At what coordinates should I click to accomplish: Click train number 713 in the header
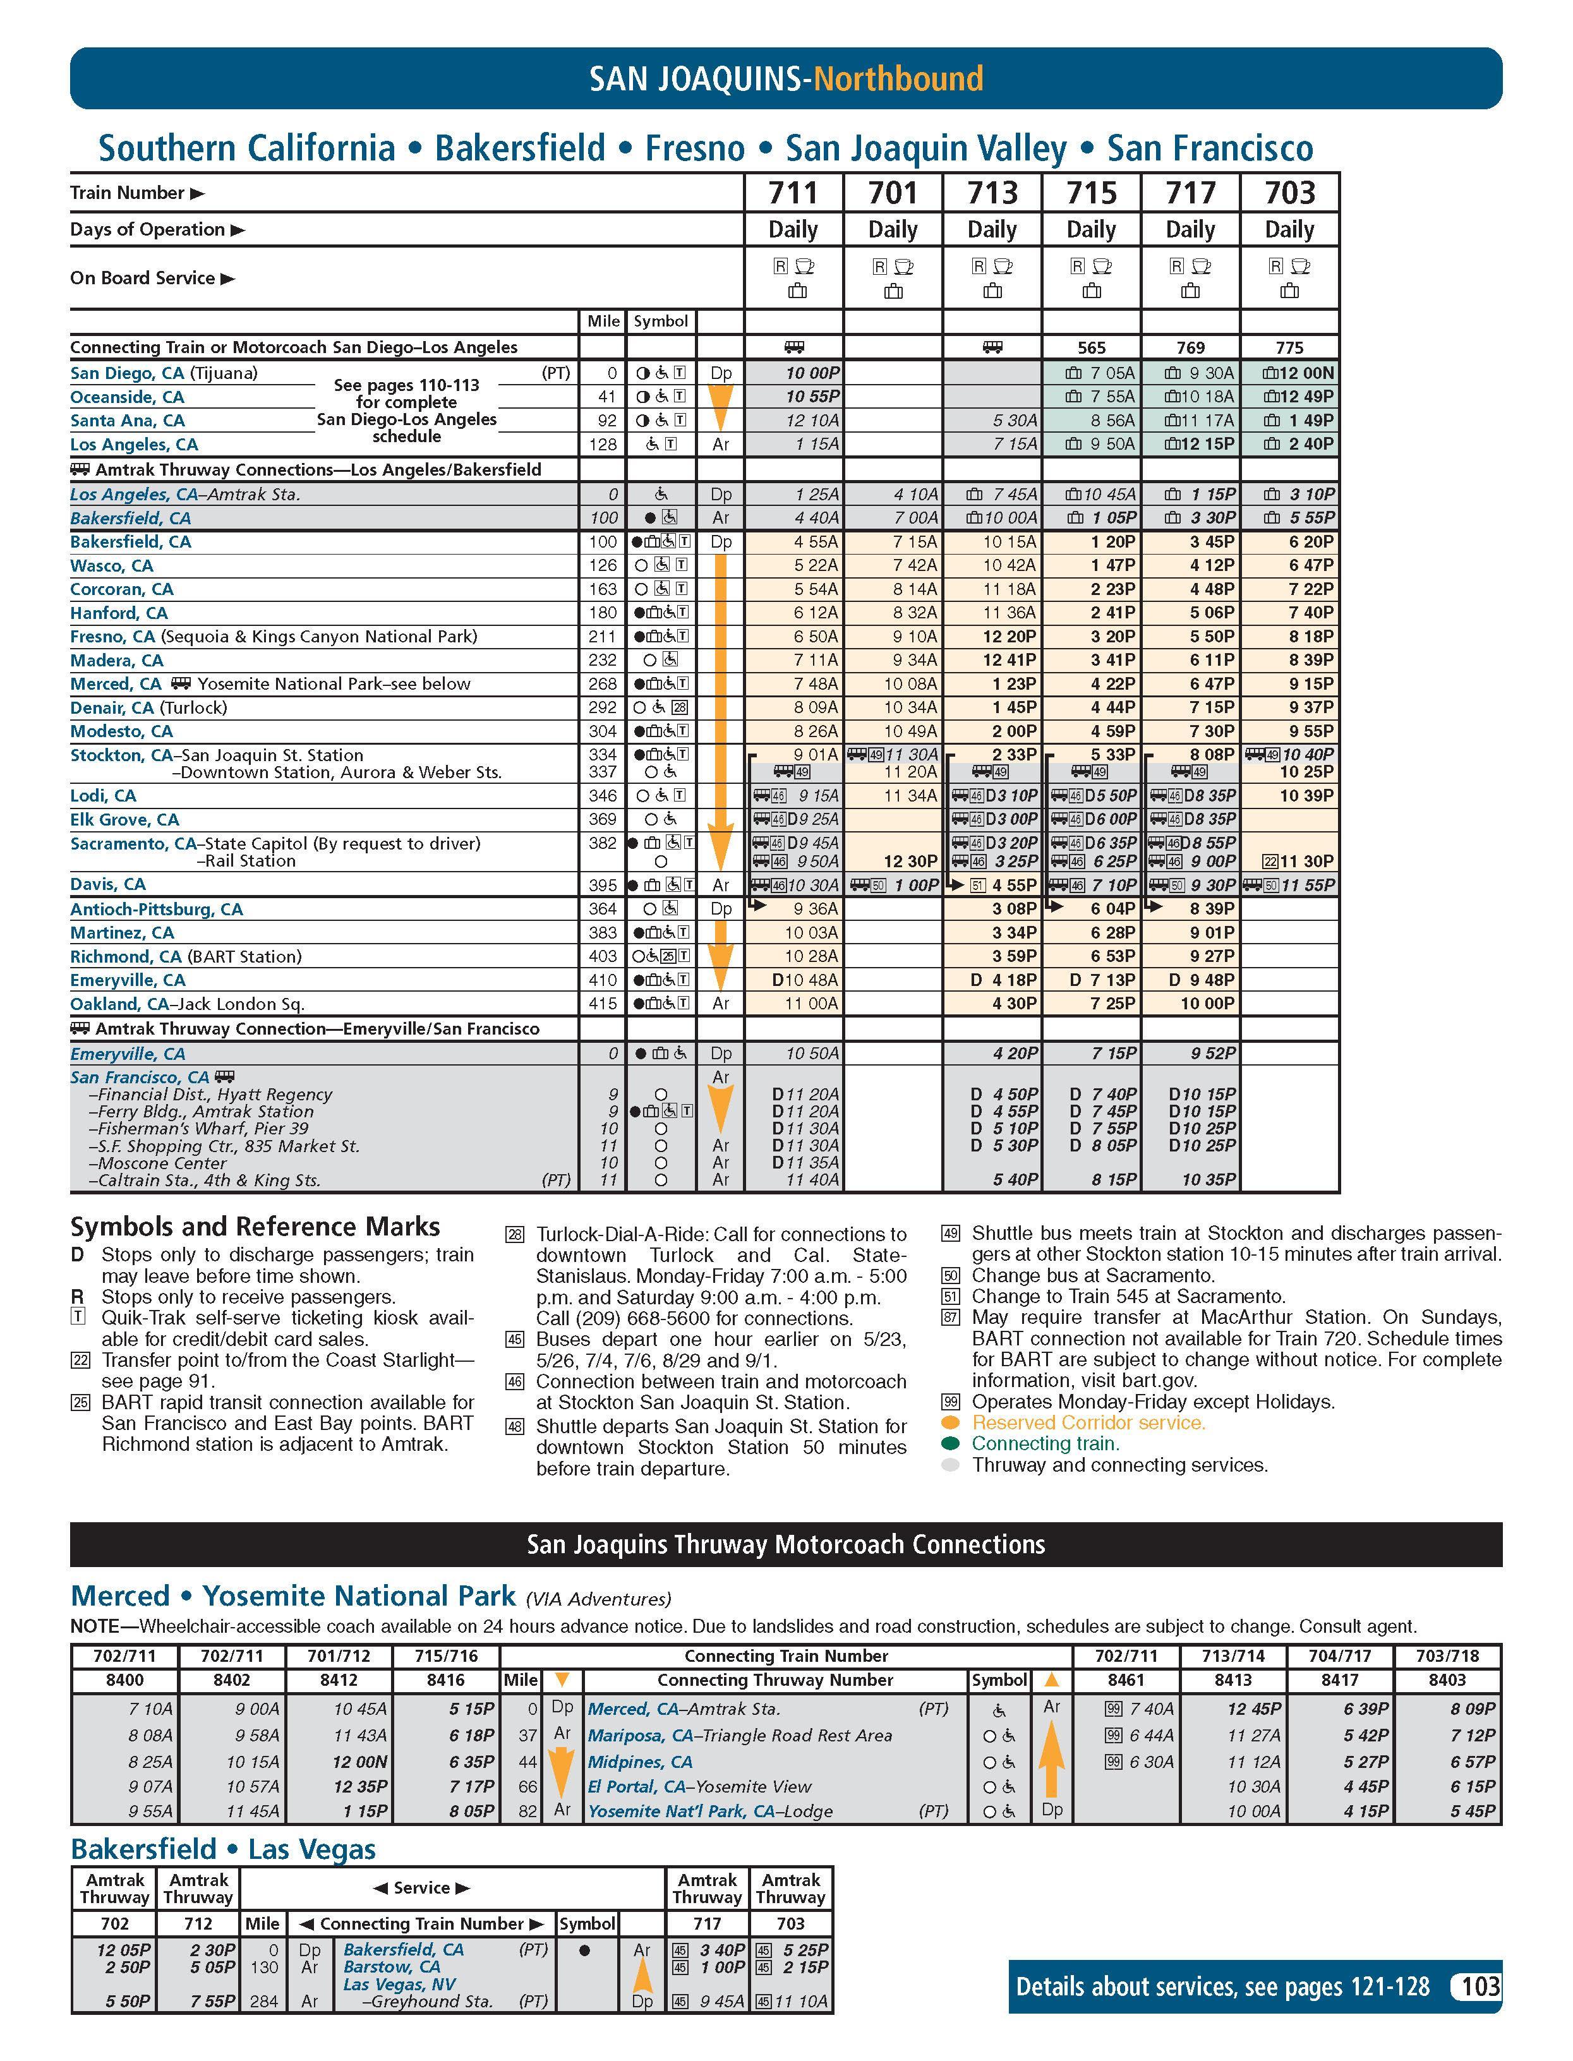[x=992, y=193]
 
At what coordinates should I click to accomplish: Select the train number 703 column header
[x=1289, y=193]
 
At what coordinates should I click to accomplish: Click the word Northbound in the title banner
[x=898, y=78]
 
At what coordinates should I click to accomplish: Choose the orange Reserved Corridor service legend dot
[x=950, y=1422]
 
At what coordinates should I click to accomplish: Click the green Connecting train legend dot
[x=950, y=1443]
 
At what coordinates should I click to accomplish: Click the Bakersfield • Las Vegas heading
[x=223, y=1849]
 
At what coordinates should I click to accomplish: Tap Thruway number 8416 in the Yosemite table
[x=446, y=1680]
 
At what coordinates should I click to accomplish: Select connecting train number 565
[x=1092, y=347]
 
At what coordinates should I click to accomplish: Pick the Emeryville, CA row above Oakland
[x=128, y=980]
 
